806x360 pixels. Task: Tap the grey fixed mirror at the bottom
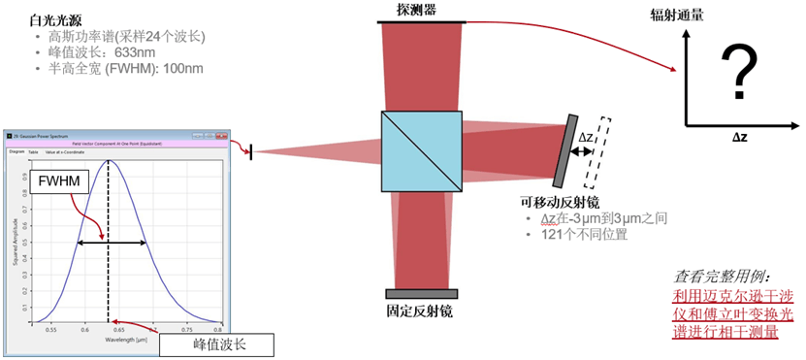(421, 294)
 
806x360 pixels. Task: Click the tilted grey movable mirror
(562, 151)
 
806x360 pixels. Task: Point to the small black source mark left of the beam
(250, 151)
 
